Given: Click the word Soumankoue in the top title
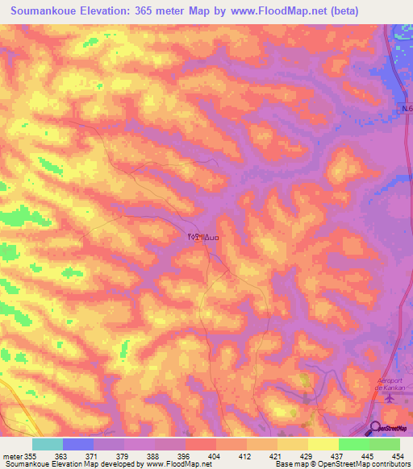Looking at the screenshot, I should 51,11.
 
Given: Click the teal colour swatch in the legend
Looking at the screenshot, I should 48,444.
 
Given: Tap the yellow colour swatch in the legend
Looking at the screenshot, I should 323,444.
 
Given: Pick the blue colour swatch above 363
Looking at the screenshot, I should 78,444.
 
